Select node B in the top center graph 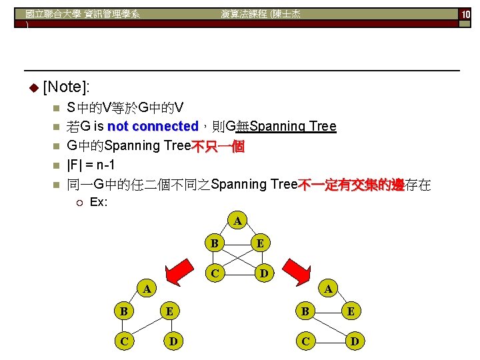click(214, 243)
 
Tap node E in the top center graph click(261, 243)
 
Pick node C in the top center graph click(214, 273)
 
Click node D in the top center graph click(264, 273)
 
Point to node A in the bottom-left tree click(147, 289)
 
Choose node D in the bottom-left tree click(173, 341)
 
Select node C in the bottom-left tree click(123, 341)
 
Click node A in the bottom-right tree click(327, 289)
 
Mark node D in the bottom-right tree click(354, 341)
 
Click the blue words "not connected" click(153, 127)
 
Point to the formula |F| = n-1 click(95, 165)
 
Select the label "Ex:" click(99, 201)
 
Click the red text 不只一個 click(218, 146)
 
